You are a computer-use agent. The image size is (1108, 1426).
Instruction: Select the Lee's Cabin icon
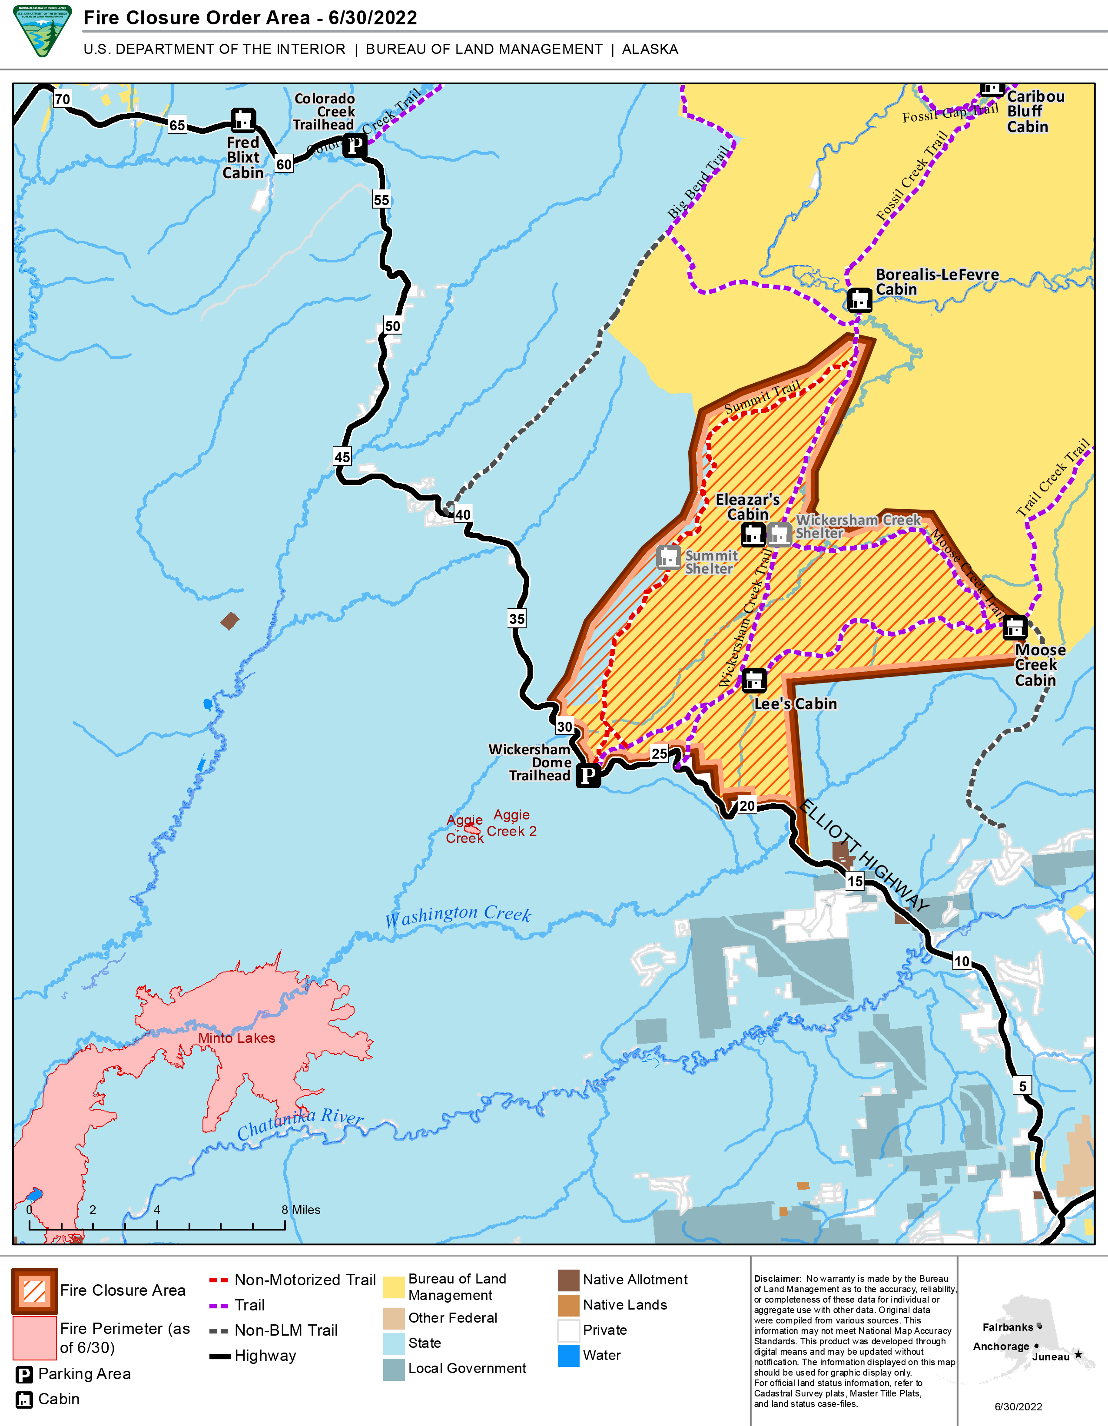(754, 680)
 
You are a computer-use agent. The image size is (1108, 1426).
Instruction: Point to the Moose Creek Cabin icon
(1015, 627)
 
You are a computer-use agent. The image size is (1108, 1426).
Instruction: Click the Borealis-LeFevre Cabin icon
(859, 300)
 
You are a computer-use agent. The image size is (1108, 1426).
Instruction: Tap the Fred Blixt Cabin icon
(243, 120)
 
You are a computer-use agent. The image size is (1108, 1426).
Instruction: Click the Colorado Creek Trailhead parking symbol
(355, 145)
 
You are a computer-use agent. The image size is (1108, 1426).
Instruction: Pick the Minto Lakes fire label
(236, 1038)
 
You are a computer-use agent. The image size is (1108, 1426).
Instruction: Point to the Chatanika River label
(300, 1124)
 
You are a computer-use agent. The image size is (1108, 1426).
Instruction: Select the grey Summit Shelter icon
(668, 557)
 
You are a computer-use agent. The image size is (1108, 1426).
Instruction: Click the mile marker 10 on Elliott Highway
(962, 961)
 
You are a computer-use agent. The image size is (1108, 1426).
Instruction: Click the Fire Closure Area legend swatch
(35, 1291)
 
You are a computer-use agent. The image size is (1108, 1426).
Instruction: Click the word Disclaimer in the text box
(776, 1278)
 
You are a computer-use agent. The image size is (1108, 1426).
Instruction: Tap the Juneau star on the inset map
(1078, 1354)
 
